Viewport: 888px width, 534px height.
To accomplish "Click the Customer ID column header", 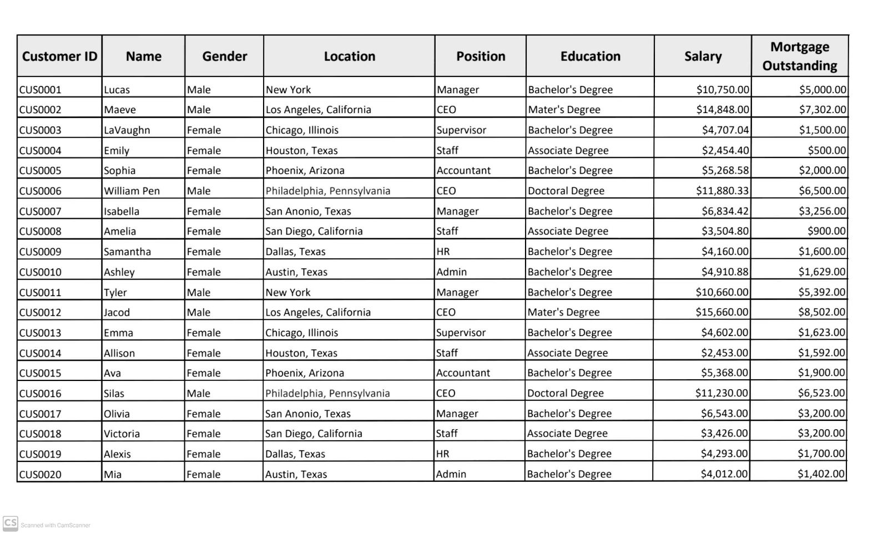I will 59,56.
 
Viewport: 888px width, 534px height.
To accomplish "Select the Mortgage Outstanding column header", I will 799,56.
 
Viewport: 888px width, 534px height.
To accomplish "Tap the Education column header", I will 590,56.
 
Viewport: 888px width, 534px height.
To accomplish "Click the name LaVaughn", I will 127,130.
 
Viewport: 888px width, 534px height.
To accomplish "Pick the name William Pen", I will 132,191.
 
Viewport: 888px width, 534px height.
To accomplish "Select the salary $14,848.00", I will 723,110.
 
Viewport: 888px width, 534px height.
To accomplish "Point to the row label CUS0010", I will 40,272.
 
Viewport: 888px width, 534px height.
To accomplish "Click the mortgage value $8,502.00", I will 821,312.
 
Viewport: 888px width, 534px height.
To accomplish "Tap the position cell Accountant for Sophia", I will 463,171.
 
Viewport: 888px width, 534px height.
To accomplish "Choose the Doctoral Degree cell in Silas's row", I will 565,393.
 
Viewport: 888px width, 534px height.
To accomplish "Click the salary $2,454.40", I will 725,150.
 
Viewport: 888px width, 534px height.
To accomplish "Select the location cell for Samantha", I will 295,252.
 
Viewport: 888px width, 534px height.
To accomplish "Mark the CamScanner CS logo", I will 10,523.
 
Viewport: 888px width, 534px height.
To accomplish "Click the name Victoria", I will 122,434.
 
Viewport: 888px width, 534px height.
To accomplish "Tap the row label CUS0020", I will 40,475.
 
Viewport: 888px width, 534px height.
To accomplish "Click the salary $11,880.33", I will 722,191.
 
